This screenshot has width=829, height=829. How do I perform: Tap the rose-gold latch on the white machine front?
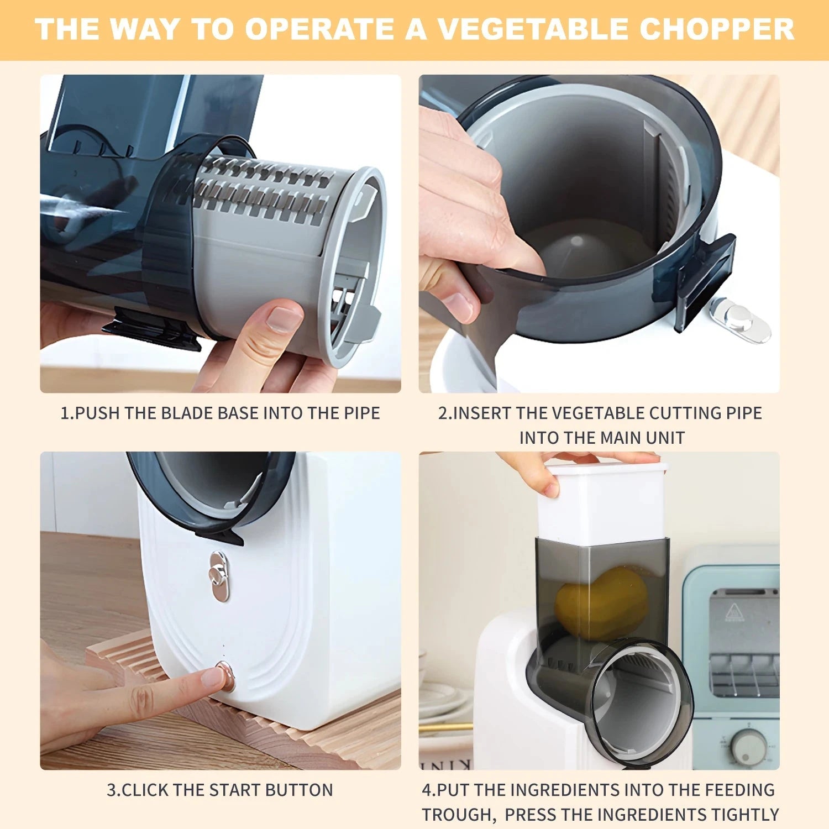click(219, 576)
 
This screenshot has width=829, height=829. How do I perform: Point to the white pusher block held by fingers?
click(602, 503)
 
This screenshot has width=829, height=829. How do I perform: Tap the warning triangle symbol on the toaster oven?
click(733, 612)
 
